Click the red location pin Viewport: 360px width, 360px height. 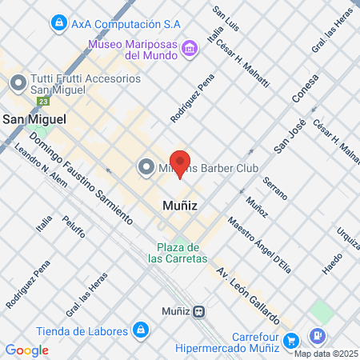[x=181, y=162]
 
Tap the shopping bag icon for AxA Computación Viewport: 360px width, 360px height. [x=58, y=24]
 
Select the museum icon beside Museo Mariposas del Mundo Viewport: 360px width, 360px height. [x=190, y=50]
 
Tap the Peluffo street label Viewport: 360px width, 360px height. [x=75, y=223]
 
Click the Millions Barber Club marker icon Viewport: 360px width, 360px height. [x=146, y=166]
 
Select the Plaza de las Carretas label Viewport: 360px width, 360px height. [x=178, y=252]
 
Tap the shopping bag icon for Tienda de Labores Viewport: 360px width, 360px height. [x=141, y=330]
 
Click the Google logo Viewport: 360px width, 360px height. [x=26, y=350]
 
